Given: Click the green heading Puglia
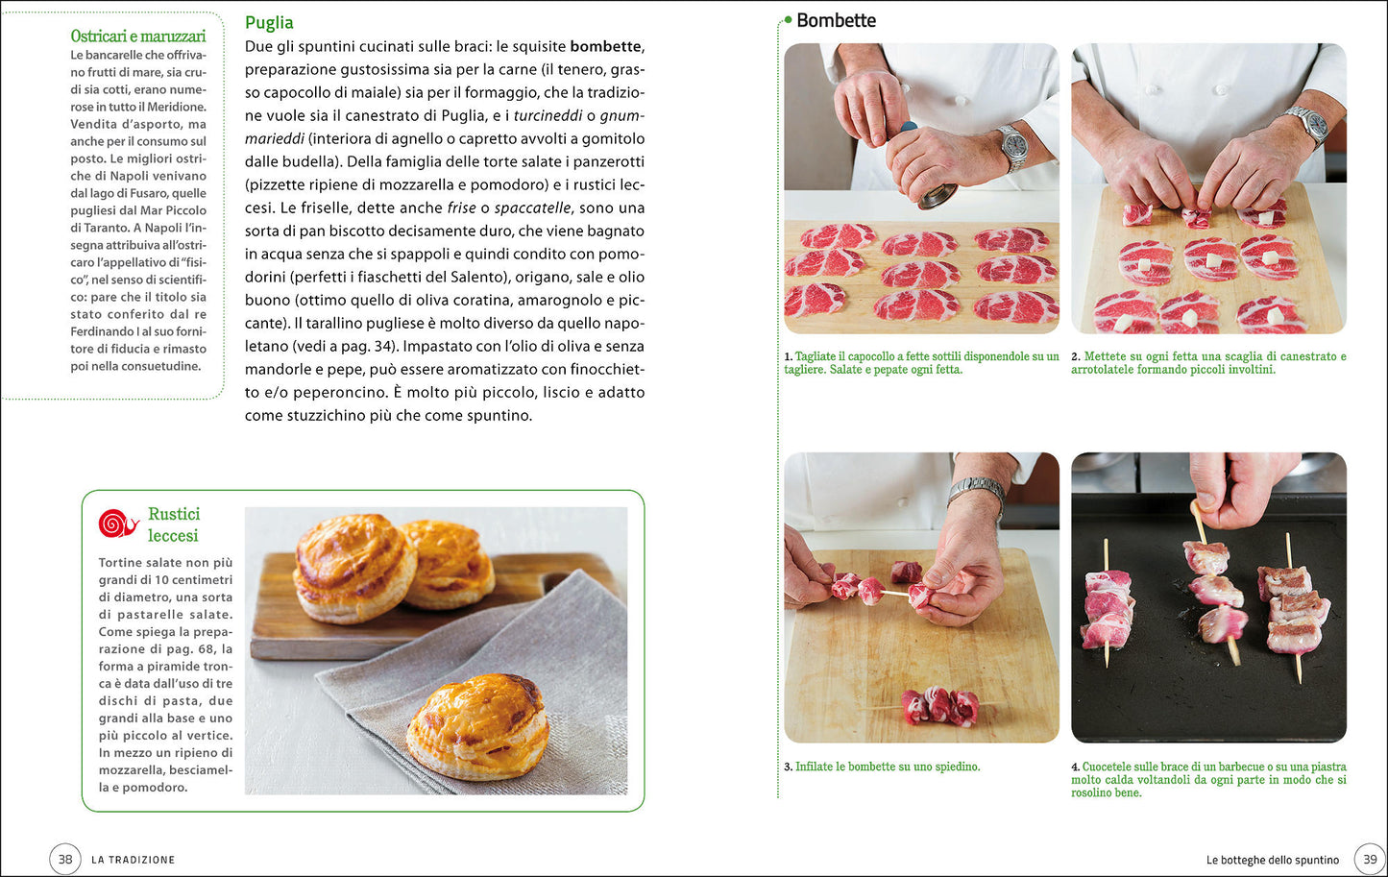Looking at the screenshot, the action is (269, 23).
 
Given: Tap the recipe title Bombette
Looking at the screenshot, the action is (836, 20).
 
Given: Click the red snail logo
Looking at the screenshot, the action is (118, 524).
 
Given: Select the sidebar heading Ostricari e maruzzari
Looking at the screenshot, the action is (138, 36).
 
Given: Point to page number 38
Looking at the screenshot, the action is (65, 859).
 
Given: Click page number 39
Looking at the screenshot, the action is (1370, 859).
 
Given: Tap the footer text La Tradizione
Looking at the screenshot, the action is (134, 860).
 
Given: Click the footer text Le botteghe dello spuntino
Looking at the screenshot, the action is (1272, 860).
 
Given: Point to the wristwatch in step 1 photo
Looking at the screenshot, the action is (1014, 148).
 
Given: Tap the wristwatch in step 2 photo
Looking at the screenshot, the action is (1308, 125).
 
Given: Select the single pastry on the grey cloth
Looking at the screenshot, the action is (477, 727).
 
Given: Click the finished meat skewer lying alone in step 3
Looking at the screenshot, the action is (938, 706).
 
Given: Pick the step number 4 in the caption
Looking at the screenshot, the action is (1075, 767).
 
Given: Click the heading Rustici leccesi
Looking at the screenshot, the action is (174, 524).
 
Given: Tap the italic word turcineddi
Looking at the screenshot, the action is (548, 116).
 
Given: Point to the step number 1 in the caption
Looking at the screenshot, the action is (789, 356).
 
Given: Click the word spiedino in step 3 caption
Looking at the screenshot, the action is (954, 767).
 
